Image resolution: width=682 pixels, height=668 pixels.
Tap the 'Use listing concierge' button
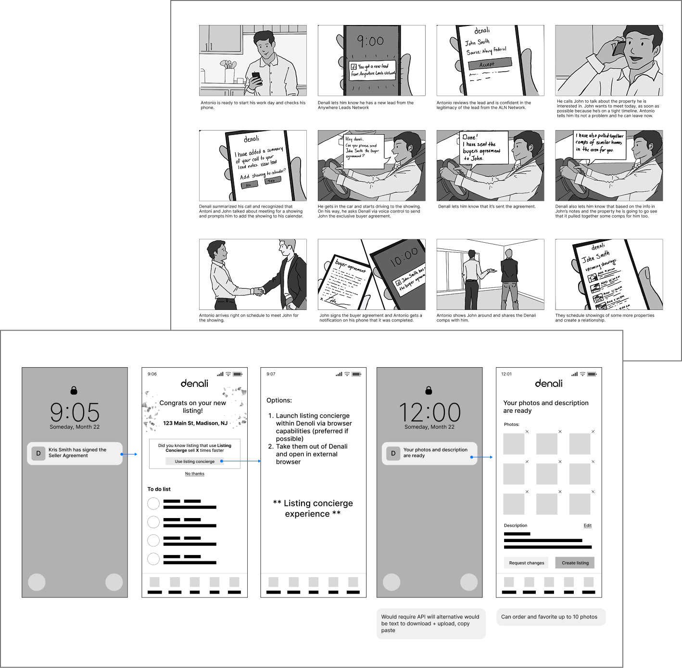pos(194,461)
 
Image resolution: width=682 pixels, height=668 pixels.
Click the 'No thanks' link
pos(195,474)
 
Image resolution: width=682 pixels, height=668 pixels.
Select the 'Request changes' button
pos(527,563)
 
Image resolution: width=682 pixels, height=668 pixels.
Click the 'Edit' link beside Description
pos(587,525)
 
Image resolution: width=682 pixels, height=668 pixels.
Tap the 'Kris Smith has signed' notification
pos(75,453)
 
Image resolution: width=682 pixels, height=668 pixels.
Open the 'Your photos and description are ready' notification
pos(429,453)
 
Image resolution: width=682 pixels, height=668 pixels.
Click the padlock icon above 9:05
pos(74,390)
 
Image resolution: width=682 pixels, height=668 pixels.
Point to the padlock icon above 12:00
pos(429,390)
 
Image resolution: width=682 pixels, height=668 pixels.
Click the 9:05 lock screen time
pos(75,412)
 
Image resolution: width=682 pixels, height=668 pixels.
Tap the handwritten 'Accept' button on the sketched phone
pos(488,64)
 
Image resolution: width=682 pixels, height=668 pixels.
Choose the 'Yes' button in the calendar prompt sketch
pos(272,181)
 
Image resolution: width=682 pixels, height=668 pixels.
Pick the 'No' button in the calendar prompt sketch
pos(249,185)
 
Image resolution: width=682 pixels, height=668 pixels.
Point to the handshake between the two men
pos(259,290)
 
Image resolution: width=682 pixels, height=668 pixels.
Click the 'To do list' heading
pos(159,489)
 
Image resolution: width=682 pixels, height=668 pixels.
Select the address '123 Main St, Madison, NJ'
pos(195,423)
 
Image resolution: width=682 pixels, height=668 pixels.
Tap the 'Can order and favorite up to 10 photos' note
pos(549,617)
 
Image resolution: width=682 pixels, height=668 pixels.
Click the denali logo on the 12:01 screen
pos(549,383)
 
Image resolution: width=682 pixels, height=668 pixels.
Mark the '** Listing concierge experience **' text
pos(313,508)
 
